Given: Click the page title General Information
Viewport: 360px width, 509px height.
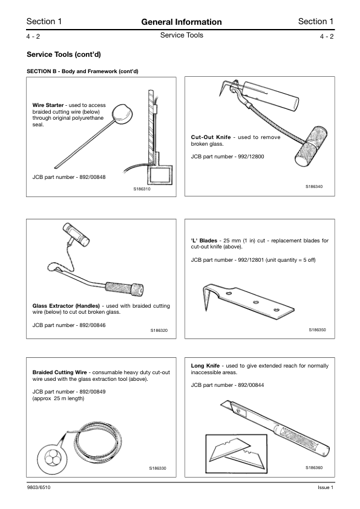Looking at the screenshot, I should pos(181,22).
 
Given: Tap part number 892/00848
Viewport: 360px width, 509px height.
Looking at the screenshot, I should pos(89,177).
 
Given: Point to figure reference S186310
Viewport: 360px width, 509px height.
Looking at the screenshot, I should pos(141,189).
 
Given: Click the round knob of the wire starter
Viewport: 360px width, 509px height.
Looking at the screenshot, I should pos(123,111).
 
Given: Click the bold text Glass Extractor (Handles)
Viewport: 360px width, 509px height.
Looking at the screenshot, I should pos(65,306).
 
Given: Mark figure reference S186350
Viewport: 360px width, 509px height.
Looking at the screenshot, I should pos(317,330).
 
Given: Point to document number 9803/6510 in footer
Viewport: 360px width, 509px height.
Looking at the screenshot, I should pos(39,488).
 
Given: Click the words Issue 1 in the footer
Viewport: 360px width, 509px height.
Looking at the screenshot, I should pos(325,488).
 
